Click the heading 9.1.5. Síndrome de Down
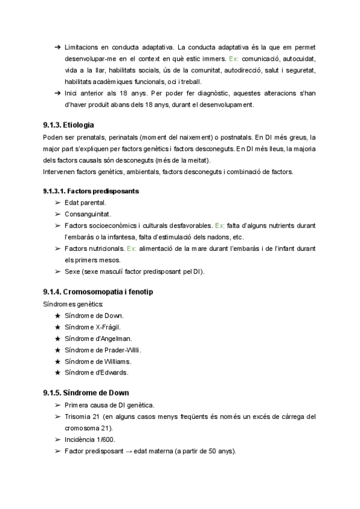(x=82, y=393)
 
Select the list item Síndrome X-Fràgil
(x=93, y=327)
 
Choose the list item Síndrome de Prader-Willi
(x=103, y=349)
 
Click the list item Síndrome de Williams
(x=97, y=361)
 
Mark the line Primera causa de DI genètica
(x=109, y=405)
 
